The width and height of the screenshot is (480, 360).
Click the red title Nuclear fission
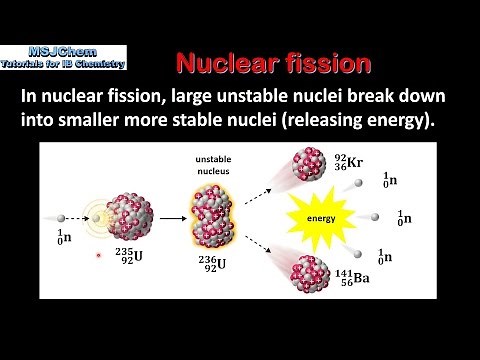click(x=273, y=63)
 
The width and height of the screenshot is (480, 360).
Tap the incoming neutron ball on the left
click(x=63, y=213)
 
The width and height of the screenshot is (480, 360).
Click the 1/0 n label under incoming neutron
click(x=62, y=237)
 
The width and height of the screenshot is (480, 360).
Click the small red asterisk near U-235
click(x=98, y=256)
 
